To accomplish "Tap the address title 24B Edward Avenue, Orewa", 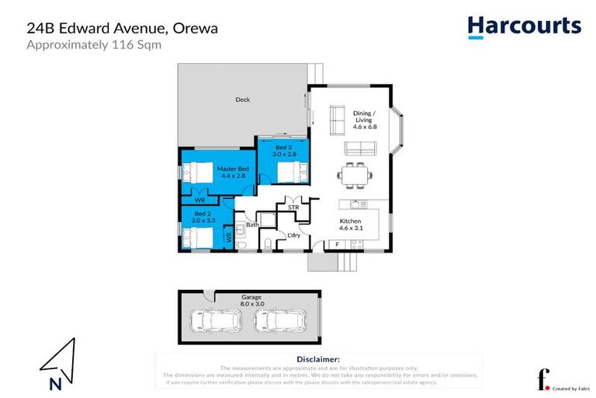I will click(123, 28).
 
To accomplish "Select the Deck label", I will click(242, 99).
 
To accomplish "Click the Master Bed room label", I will click(233, 169).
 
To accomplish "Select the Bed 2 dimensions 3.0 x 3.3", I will click(203, 220).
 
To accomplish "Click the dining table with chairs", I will click(356, 174).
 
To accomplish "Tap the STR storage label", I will click(293, 208).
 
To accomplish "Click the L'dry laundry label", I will click(293, 235).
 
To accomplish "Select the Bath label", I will click(252, 225).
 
